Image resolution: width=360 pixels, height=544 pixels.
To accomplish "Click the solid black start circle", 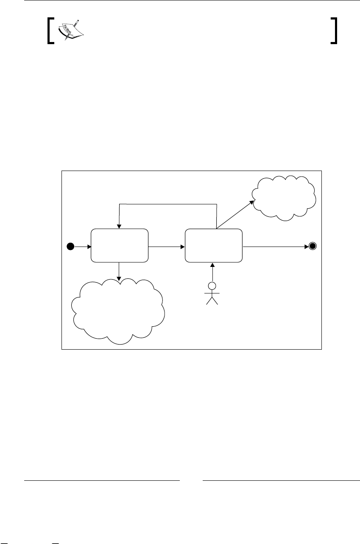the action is pyautogui.click(x=71, y=246).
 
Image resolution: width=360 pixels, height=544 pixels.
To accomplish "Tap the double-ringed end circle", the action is pyautogui.click(x=313, y=246).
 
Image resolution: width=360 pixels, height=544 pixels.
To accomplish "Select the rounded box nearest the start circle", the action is pyautogui.click(x=120, y=246).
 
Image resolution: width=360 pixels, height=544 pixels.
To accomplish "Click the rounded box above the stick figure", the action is pyautogui.click(x=214, y=246).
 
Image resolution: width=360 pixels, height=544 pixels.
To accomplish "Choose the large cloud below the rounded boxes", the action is pyautogui.click(x=118, y=311).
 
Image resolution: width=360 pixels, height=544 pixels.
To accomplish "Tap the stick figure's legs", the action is pyautogui.click(x=212, y=300).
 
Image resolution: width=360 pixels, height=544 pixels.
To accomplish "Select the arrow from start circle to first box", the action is pyautogui.click(x=83, y=246).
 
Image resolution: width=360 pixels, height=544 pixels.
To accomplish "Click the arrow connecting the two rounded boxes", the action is pyautogui.click(x=166, y=246).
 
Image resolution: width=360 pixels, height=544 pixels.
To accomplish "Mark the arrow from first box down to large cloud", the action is pyautogui.click(x=119, y=271).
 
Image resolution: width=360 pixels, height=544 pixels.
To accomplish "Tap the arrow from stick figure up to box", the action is pyautogui.click(x=212, y=272).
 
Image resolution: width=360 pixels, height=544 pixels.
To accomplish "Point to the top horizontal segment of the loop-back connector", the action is pyautogui.click(x=168, y=204).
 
